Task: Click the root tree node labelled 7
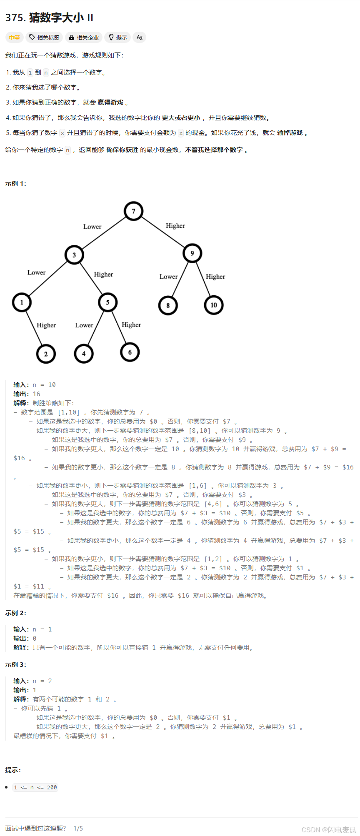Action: pyautogui.click(x=133, y=211)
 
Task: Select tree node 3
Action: pyautogui.click(x=74, y=255)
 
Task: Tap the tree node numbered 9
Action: pyautogui.click(x=192, y=253)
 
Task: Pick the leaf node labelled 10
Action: pyautogui.click(x=214, y=305)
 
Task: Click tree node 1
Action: pyautogui.click(x=22, y=302)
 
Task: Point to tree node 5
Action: pyautogui.click(x=107, y=302)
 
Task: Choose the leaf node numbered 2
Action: pyautogui.click(x=46, y=354)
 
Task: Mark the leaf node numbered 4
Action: pyautogui.click(x=84, y=354)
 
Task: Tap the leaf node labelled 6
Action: pyautogui.click(x=130, y=352)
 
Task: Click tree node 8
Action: pyautogui.click(x=168, y=305)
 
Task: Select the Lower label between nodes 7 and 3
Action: pyautogui.click(x=92, y=227)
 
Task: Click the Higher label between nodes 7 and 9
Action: pyautogui.click(x=175, y=226)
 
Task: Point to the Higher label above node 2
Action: pyautogui.click(x=46, y=325)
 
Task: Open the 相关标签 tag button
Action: pyautogui.click(x=44, y=37)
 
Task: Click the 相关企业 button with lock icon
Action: pyautogui.click(x=84, y=37)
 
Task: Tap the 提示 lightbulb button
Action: pyautogui.click(x=117, y=37)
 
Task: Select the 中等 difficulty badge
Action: pyautogui.click(x=14, y=37)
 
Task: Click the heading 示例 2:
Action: pyautogui.click(x=16, y=613)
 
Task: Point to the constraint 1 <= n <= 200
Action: pyautogui.click(x=35, y=787)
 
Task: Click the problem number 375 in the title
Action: pyautogui.click(x=15, y=17)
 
